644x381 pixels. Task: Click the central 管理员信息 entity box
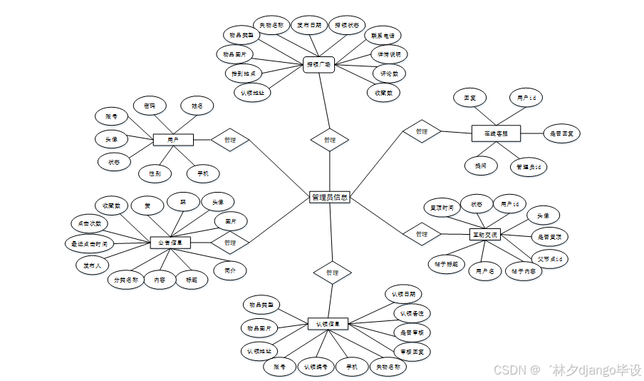330,198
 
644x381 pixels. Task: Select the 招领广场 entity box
319,63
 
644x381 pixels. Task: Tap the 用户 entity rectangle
173,140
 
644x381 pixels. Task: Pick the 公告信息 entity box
170,243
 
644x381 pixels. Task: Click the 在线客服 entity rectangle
496,133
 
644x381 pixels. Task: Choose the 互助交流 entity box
485,234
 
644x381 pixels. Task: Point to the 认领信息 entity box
328,324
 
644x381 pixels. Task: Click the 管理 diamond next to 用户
229,140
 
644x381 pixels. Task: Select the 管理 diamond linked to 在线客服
421,131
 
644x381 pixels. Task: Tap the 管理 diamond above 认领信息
332,273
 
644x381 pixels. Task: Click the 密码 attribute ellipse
150,106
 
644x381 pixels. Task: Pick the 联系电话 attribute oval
383,36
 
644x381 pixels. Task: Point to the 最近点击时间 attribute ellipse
89,244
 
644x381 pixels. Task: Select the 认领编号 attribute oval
316,367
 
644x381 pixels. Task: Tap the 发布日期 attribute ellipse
309,26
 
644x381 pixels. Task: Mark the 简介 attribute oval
230,271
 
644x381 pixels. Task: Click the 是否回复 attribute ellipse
563,133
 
